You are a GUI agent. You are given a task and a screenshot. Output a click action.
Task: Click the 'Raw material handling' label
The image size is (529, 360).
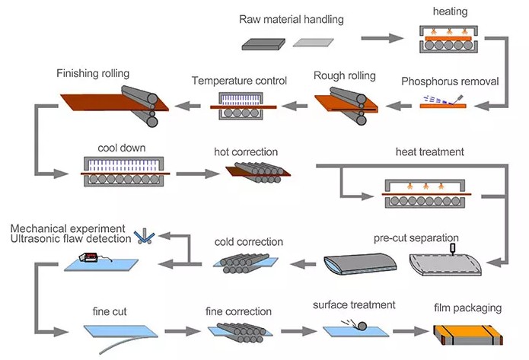click(292, 19)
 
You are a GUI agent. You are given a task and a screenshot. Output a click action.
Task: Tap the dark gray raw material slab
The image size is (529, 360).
click(263, 44)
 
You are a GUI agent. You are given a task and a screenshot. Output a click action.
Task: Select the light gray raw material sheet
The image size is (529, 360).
click(314, 43)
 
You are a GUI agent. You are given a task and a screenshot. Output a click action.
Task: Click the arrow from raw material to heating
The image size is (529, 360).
click(382, 38)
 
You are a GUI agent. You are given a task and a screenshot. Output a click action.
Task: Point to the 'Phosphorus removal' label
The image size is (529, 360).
click(450, 81)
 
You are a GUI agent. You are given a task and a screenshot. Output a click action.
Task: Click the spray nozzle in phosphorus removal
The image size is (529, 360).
click(459, 99)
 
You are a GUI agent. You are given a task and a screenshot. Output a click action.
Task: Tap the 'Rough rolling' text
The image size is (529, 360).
click(345, 75)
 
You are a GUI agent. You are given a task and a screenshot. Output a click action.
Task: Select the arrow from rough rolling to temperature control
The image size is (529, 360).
click(295, 106)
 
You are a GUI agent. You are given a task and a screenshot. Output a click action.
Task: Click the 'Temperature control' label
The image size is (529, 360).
click(239, 81)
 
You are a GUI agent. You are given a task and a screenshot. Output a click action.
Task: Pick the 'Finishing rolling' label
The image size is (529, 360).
click(93, 74)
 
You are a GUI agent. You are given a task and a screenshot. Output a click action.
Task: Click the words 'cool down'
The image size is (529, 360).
click(122, 148)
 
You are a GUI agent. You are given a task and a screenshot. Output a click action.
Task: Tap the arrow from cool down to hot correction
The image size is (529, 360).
click(198, 174)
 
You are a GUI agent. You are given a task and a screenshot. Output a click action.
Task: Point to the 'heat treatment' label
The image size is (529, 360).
click(429, 151)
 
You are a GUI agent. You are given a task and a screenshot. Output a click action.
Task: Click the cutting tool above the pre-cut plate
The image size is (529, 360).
click(453, 249)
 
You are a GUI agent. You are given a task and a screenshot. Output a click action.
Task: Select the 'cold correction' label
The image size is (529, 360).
click(249, 242)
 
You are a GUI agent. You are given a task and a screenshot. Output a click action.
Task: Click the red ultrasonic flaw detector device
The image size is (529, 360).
click(88, 257)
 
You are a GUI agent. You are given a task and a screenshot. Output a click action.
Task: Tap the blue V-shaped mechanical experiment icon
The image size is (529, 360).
click(145, 236)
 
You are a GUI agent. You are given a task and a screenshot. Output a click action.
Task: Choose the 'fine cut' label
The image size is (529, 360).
click(110, 311)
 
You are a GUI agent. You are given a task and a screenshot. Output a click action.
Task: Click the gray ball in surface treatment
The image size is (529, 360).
click(362, 327)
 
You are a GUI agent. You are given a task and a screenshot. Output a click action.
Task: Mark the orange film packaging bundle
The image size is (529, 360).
click(468, 334)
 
